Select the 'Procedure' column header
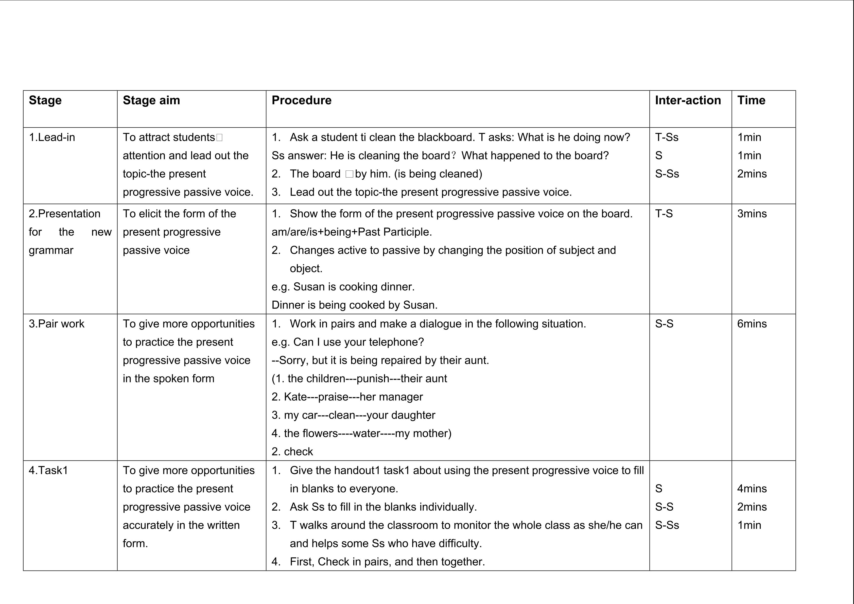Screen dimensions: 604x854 (x=301, y=100)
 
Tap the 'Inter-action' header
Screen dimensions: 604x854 (x=688, y=100)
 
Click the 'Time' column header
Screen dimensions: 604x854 (x=751, y=100)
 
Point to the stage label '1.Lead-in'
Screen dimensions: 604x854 (x=52, y=137)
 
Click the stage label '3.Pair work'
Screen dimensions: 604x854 (x=57, y=324)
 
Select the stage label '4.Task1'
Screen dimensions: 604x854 (x=48, y=471)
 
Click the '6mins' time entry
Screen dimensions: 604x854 (x=752, y=324)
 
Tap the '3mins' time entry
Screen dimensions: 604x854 (x=752, y=214)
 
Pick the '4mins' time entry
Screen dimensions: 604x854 (x=752, y=489)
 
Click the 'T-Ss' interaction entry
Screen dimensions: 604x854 (x=667, y=137)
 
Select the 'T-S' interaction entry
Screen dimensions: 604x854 (x=664, y=214)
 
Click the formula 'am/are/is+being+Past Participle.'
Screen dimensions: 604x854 (x=352, y=232)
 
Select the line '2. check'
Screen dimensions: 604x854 (x=292, y=452)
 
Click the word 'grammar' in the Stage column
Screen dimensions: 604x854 (x=51, y=251)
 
